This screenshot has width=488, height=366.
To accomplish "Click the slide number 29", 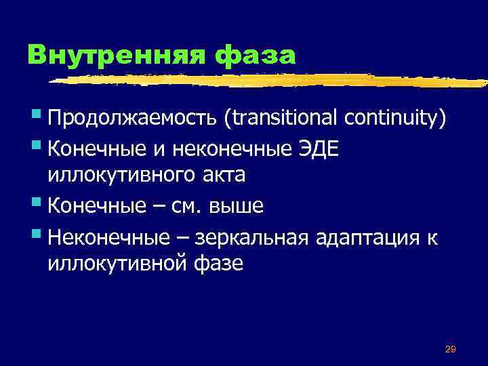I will pos(450,349).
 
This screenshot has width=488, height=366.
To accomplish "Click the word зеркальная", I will pos(251,235).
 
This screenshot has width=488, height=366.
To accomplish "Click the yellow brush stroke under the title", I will pos(271,81).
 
